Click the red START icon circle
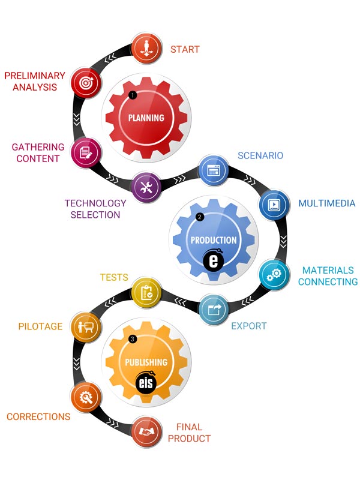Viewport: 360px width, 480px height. [x=146, y=49]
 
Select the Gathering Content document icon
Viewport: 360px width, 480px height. [x=86, y=152]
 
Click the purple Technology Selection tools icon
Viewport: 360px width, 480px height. [x=146, y=187]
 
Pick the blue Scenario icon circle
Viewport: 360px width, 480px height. [x=214, y=169]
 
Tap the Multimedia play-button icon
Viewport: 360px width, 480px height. [x=274, y=204]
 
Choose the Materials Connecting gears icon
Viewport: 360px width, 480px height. [x=274, y=275]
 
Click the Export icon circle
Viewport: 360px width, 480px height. [x=214, y=310]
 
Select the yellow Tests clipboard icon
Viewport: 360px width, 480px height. [x=146, y=292]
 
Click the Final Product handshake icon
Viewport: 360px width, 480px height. [x=146, y=431]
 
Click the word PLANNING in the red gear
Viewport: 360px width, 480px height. [x=146, y=118]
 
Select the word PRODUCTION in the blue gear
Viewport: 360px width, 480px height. [x=214, y=240]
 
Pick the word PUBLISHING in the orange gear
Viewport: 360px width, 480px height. [x=146, y=362]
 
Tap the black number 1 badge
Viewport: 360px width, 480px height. [x=133, y=95]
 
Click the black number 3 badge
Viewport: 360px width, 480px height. [x=133, y=339]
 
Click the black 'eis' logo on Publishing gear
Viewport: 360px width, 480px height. [x=146, y=383]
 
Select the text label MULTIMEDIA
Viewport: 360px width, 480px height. [x=327, y=203]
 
